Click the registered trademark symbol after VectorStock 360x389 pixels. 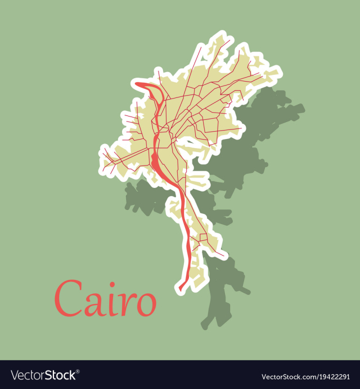[x=78, y=372]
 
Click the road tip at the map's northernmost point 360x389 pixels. [x=229, y=39]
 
